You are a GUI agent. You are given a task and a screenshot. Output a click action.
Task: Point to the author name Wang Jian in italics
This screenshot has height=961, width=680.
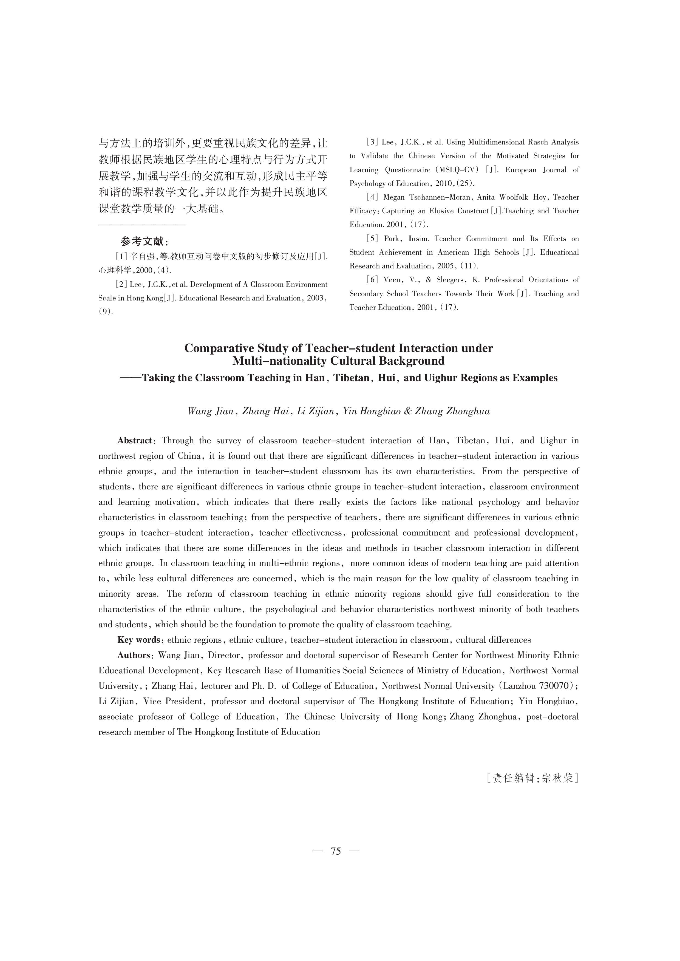tap(211, 411)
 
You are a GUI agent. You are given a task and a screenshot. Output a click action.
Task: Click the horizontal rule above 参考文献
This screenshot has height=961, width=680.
tap(142, 225)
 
